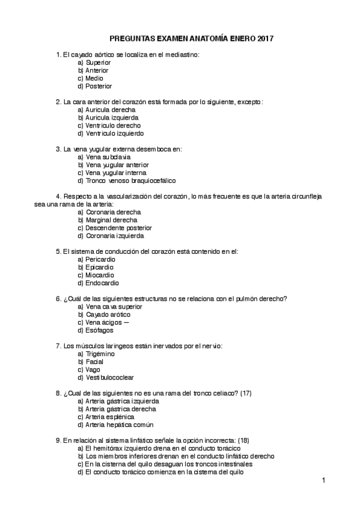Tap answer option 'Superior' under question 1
[x=99, y=63]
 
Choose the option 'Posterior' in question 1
[x=99, y=86]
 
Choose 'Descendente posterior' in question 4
[x=119, y=228]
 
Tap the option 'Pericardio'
[x=101, y=259]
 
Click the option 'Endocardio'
[x=102, y=283]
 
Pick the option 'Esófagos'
[x=99, y=330]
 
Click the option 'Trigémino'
[x=100, y=354]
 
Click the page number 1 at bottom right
[x=323, y=480]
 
